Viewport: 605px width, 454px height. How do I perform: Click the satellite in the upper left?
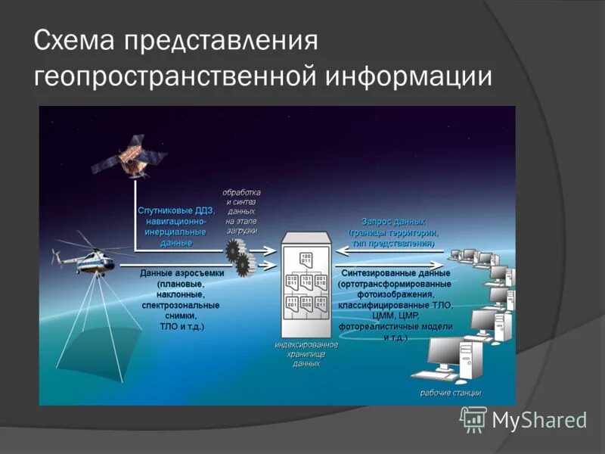click(128, 154)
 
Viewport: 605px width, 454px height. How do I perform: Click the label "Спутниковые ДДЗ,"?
click(176, 210)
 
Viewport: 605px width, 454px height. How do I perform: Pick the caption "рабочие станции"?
click(451, 393)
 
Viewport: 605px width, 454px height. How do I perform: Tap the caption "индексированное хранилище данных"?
click(306, 353)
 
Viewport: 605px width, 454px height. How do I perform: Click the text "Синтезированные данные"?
click(396, 272)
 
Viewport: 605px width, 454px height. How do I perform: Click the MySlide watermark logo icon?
click(473, 419)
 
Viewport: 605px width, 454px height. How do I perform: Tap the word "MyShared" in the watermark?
click(539, 421)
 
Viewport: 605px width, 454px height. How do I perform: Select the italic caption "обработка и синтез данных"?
click(240, 201)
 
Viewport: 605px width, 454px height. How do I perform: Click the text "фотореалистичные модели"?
click(396, 326)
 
